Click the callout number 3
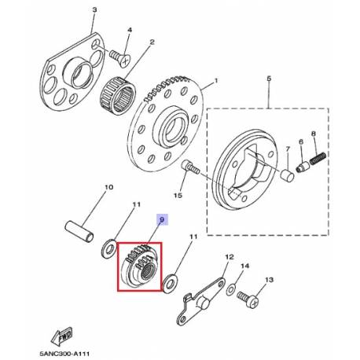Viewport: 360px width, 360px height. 94,9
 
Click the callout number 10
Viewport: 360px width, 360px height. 108,187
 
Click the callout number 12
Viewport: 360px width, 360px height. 229,257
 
